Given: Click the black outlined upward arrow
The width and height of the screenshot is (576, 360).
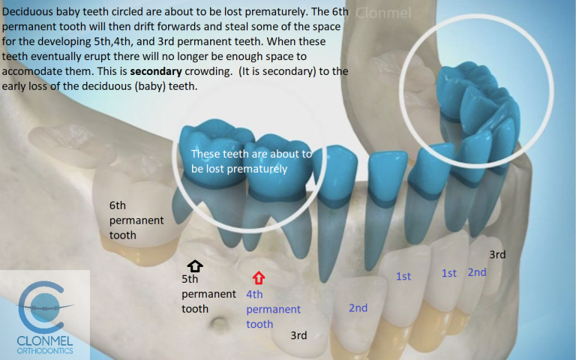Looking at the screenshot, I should (x=194, y=265).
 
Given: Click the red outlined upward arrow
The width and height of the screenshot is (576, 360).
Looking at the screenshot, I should (x=259, y=278).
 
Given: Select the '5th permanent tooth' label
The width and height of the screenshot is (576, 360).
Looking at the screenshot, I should (x=208, y=294).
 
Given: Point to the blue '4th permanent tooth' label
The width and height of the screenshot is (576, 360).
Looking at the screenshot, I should (x=273, y=309).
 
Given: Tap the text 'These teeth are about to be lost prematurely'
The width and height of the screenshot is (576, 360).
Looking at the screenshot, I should (x=250, y=161).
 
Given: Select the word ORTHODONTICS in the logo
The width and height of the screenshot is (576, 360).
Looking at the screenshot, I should (x=46, y=350).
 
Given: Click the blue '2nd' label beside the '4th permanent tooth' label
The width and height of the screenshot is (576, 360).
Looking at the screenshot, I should (x=358, y=307).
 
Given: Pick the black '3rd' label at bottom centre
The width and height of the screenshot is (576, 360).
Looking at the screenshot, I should (x=298, y=335).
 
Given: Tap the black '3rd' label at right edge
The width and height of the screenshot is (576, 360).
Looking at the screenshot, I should (x=496, y=254).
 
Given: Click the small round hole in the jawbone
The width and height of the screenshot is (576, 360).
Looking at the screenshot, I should (x=220, y=326).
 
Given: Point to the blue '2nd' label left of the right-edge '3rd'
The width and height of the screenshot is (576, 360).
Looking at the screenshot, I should (x=477, y=272).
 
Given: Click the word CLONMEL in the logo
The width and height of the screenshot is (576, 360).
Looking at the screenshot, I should (x=46, y=338).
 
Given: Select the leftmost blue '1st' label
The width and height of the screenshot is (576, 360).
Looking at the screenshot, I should (x=403, y=277).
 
